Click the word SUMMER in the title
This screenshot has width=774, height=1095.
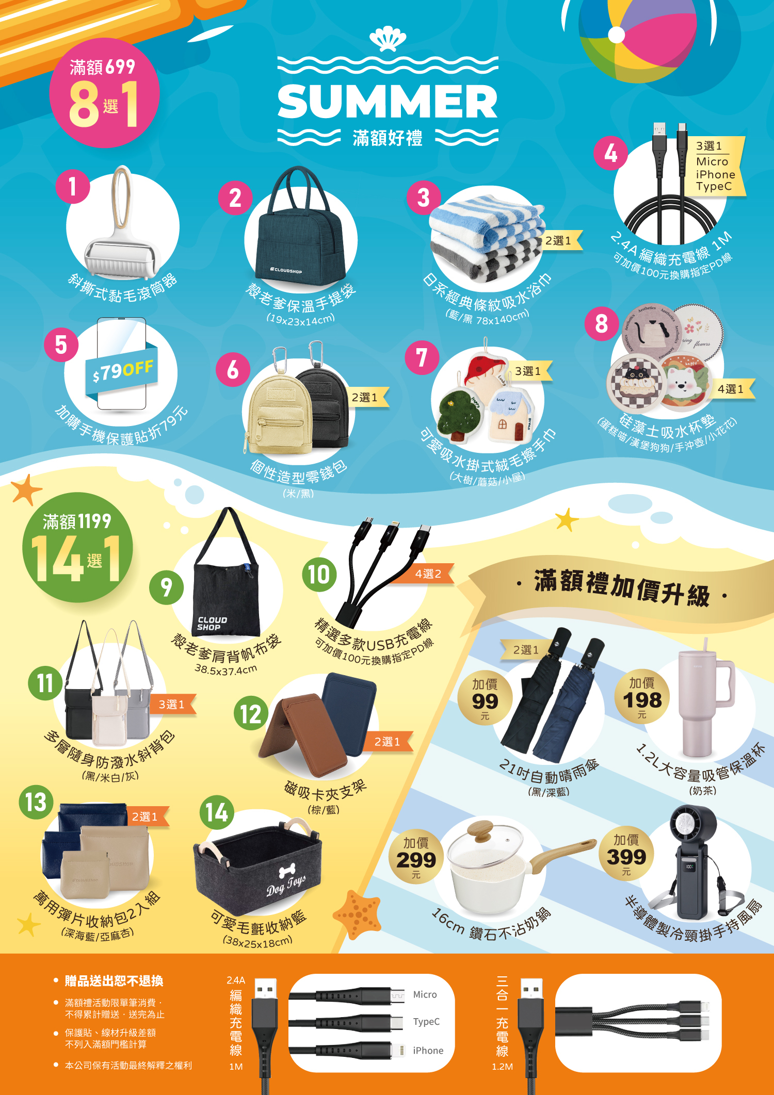[388, 101]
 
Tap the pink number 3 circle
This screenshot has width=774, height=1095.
[424, 198]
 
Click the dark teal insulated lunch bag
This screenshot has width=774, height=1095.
[301, 227]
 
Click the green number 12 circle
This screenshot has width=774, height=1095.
[251, 714]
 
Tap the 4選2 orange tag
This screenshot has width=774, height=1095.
[428, 574]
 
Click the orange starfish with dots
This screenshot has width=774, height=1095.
[357, 914]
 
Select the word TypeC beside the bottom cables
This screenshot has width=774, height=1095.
[426, 1022]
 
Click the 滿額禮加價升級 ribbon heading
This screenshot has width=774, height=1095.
[621, 587]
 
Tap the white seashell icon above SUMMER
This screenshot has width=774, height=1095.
[388, 39]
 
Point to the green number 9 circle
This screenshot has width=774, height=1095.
[166, 587]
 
